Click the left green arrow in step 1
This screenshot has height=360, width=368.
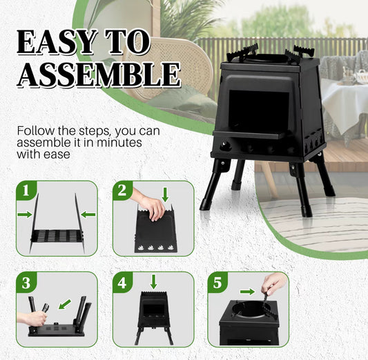[25, 214]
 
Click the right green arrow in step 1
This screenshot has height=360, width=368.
[88, 214]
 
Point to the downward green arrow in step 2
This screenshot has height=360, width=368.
[164, 193]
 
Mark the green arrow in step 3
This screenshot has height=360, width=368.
[64, 303]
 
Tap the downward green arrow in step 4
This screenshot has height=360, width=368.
[153, 281]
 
